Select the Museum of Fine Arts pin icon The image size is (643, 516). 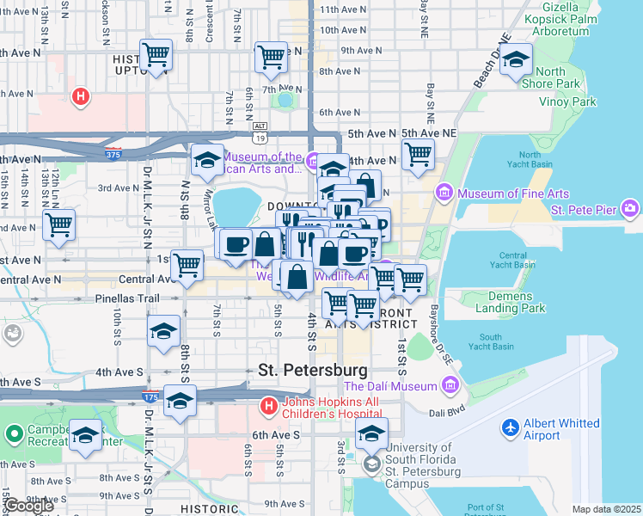pyautogui.click(x=444, y=191)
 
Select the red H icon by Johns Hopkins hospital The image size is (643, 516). pyautogui.click(x=268, y=403)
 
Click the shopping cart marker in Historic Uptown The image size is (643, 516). pyautogui.click(x=156, y=55)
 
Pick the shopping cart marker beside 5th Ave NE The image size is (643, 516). pyautogui.click(x=418, y=155)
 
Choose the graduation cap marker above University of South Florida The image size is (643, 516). pyautogui.click(x=371, y=433)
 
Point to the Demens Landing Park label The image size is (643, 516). pyautogui.click(x=511, y=302)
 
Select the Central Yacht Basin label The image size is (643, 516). pyautogui.click(x=512, y=261)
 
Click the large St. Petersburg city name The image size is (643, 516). pyautogui.click(x=313, y=370)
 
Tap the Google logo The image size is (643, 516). pyautogui.click(x=29, y=506)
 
